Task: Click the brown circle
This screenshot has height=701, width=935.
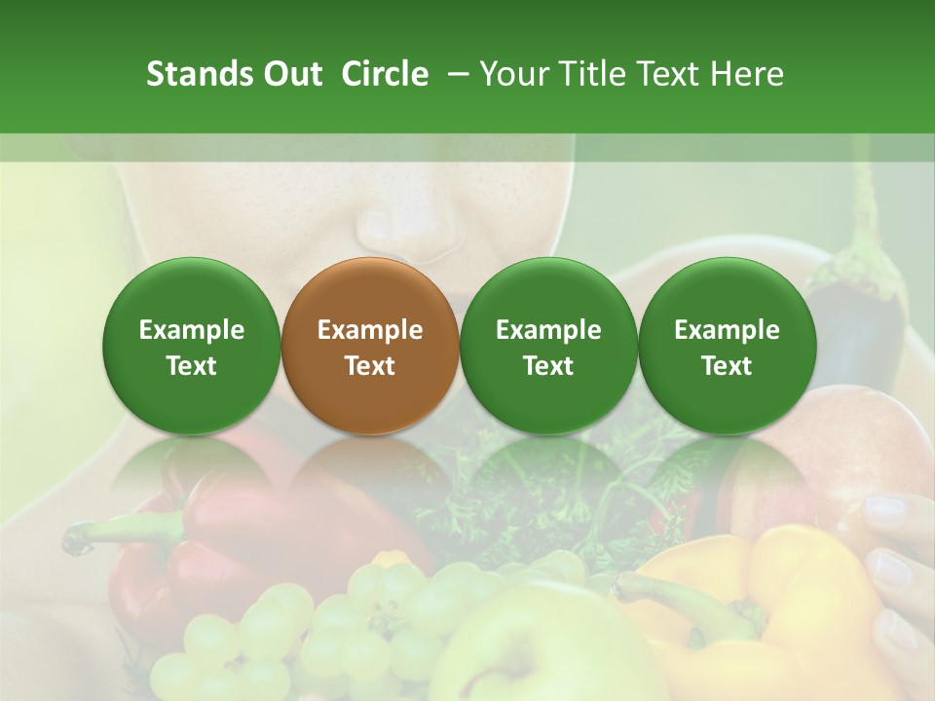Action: tap(370, 347)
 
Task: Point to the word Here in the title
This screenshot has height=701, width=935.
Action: tap(747, 74)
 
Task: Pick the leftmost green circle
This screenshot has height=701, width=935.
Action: tap(192, 347)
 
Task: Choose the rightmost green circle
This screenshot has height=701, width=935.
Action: tap(727, 347)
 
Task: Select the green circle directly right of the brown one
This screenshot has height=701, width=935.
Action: tap(548, 347)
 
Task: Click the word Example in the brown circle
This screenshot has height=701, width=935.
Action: tap(370, 330)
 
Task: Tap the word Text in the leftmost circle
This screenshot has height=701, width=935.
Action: tap(192, 366)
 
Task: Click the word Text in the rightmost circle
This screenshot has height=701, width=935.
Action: tap(727, 366)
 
